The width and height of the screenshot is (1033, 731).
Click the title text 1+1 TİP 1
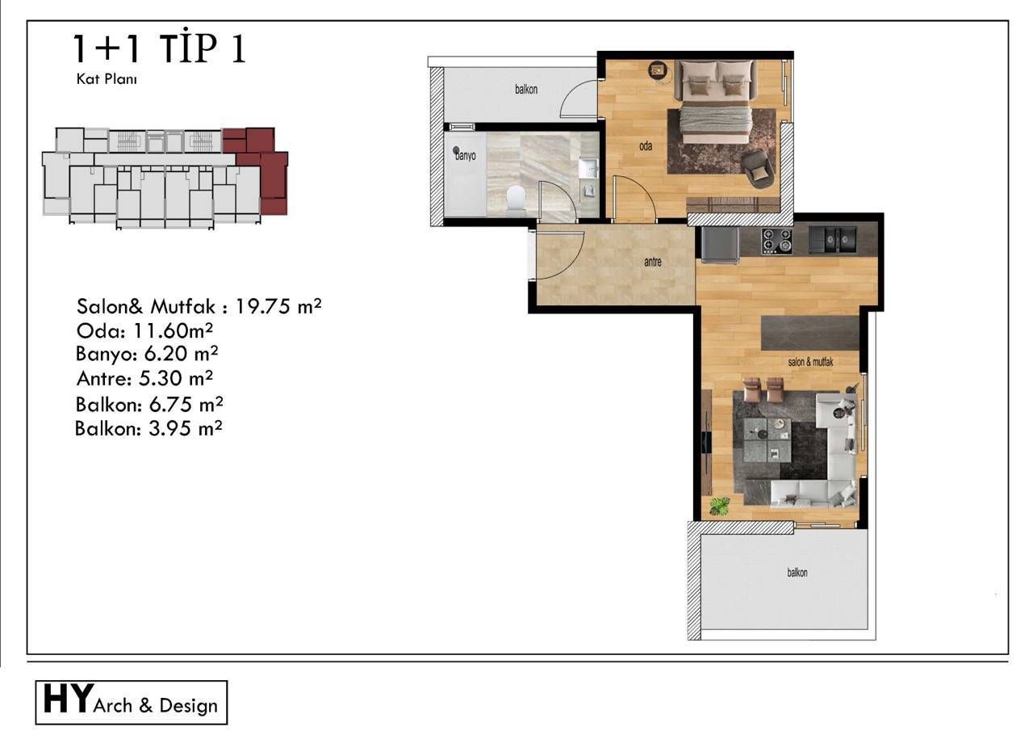(x=159, y=49)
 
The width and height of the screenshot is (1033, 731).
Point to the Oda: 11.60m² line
(x=144, y=330)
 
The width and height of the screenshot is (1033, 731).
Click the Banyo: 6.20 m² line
(x=147, y=354)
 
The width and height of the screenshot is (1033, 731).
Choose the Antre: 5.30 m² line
(x=144, y=377)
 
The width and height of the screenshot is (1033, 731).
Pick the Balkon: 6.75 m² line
(x=149, y=403)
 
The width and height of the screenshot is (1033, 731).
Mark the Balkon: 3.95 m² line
(x=148, y=428)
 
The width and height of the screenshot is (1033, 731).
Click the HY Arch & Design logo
(x=132, y=703)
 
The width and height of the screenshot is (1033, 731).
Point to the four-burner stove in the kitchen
(x=777, y=239)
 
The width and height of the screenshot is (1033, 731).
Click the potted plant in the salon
(x=718, y=506)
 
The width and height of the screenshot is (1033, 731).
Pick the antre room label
(x=653, y=262)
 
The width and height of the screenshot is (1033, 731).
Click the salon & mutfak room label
(x=809, y=363)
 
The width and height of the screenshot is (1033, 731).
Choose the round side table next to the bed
(x=659, y=70)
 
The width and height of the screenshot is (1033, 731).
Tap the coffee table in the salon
(x=767, y=439)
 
